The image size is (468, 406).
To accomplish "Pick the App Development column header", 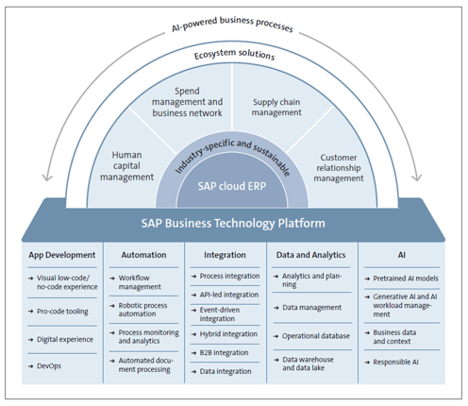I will (62, 254).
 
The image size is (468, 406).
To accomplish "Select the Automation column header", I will (144, 254).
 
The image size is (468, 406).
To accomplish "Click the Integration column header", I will (226, 254).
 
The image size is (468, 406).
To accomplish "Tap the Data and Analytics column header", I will (310, 254).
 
